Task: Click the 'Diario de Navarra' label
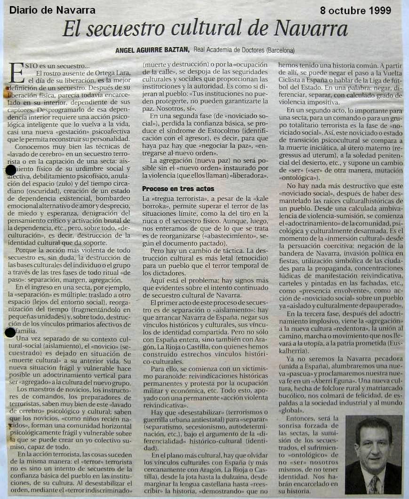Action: click(52, 10)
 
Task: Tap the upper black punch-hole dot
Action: click(11, 170)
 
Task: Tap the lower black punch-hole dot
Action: click(10, 332)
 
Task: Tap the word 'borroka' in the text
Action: click(156, 206)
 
